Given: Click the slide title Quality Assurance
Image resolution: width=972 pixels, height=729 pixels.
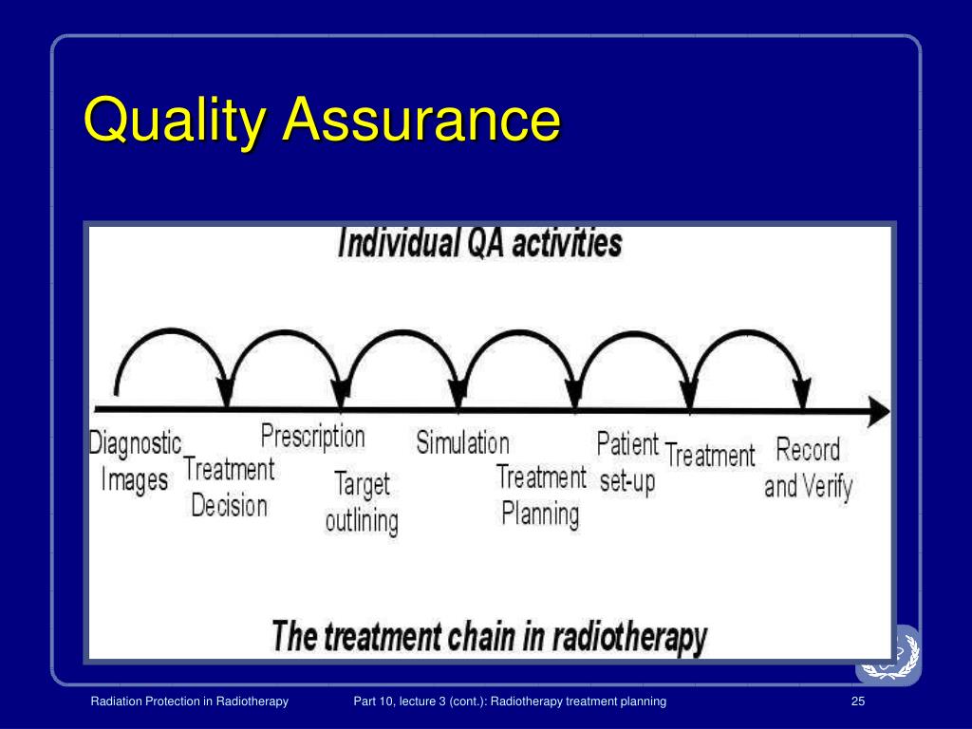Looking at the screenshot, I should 322,121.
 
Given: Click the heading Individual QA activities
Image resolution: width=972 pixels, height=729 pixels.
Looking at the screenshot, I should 480,244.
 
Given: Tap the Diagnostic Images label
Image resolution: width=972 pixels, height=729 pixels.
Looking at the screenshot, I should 135,461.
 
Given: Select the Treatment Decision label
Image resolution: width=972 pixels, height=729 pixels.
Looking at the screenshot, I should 229,487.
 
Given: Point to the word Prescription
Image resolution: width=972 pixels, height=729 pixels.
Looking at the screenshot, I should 312,437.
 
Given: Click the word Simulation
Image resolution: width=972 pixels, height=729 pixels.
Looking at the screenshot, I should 462,442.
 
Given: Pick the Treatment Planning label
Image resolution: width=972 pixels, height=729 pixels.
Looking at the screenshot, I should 541,495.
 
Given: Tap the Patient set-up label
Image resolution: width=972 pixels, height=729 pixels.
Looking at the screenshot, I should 627,462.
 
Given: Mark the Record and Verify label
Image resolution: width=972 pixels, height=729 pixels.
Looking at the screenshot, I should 809,468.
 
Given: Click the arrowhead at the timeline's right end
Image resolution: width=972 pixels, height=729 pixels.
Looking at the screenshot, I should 880,412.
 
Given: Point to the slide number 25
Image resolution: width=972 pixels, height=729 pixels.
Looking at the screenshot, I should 858,701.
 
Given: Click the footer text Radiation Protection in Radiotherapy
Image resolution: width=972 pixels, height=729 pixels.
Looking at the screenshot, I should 190,701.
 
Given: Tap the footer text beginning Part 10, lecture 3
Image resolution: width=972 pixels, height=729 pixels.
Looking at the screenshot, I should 510,701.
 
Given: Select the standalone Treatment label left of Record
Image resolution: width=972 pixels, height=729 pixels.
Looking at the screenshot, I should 710,456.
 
